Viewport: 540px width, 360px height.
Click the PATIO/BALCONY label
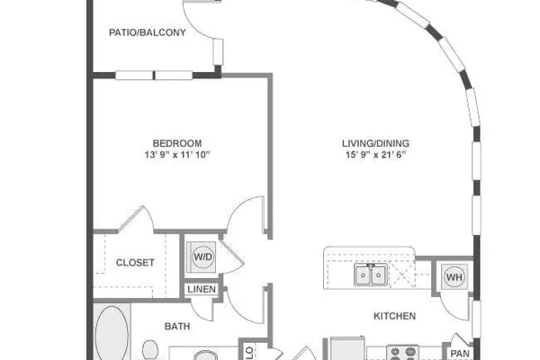[148, 32]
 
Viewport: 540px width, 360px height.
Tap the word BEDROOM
[177, 143]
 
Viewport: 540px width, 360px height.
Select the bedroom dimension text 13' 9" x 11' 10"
[177, 155]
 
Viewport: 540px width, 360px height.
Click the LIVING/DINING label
[375, 143]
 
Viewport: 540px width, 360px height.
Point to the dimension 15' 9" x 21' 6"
[375, 155]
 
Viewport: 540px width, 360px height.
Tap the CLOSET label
[135, 263]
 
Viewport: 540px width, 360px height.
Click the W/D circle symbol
[202, 256]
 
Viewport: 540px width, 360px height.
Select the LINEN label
[202, 289]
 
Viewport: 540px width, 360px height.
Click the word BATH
[177, 326]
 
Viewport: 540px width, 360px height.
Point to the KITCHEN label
[395, 316]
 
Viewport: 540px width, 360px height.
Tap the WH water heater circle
[454, 276]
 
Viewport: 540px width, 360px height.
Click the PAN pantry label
[460, 354]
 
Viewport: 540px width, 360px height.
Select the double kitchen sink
[371, 274]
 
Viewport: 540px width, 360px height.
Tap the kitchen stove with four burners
[402, 353]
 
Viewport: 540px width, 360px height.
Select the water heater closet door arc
[451, 310]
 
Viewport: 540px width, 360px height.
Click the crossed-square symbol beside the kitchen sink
[402, 274]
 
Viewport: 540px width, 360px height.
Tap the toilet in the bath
[150, 349]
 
